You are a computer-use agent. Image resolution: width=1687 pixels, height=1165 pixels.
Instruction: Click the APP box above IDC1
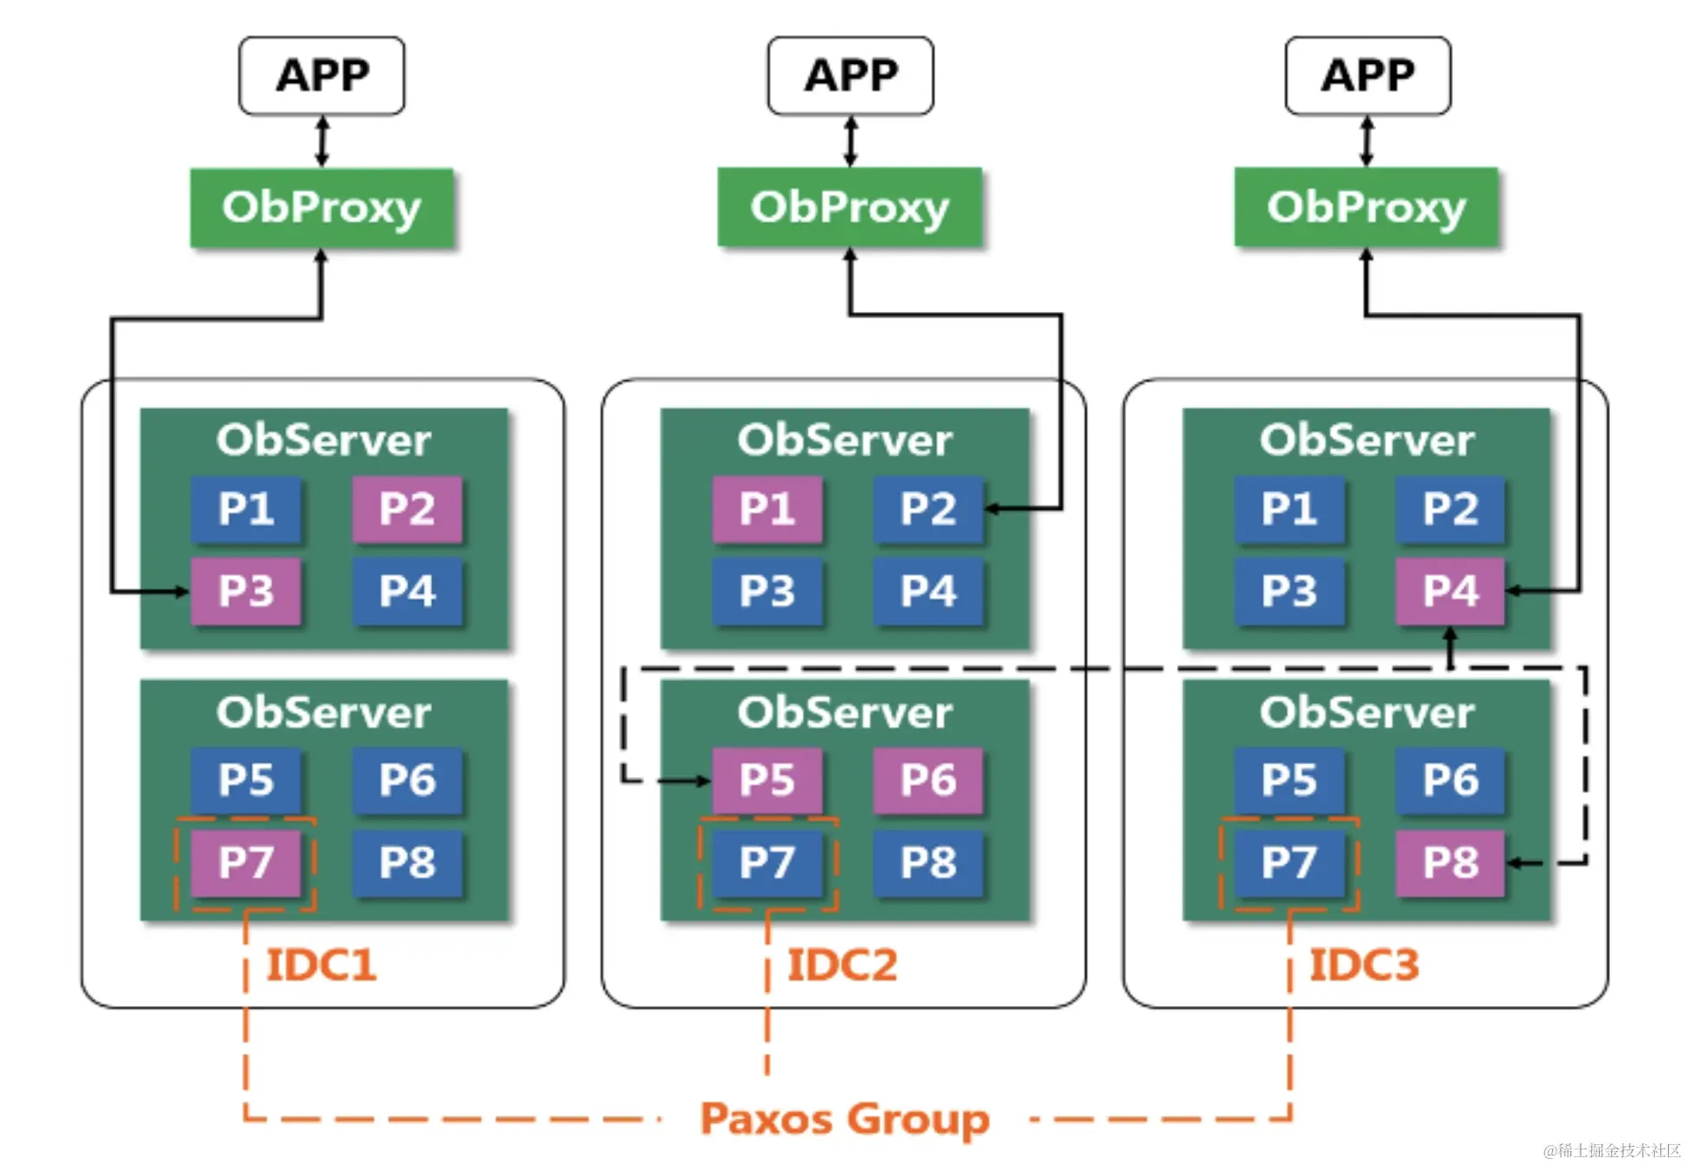tap(321, 75)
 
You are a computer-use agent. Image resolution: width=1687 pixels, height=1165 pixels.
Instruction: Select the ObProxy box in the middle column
tap(850, 207)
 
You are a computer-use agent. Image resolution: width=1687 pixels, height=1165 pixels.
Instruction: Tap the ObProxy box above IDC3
tap(1366, 207)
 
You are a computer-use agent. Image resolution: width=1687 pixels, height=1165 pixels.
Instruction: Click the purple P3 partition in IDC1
tap(245, 591)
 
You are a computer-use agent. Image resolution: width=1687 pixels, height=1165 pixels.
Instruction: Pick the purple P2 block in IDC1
tap(407, 509)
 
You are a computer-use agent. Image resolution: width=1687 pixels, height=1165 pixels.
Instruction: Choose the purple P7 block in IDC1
tap(245, 863)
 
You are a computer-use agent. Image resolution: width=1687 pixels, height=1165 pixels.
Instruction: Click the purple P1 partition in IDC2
tap(767, 509)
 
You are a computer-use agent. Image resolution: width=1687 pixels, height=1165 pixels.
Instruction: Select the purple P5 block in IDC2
tap(767, 780)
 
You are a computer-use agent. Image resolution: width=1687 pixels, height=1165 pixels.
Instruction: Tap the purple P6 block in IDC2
tap(928, 780)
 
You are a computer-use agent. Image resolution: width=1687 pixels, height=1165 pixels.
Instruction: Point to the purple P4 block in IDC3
tap(1450, 591)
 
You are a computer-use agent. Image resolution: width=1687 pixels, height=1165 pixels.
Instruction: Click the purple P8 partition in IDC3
tap(1450, 863)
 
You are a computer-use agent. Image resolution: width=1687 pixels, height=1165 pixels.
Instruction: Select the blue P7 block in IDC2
tap(767, 863)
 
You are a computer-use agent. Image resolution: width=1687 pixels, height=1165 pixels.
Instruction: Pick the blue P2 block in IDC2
tap(928, 509)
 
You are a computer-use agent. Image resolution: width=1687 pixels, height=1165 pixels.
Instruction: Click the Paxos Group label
tap(844, 1119)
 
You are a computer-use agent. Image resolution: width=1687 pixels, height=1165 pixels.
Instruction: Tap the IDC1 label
tap(321, 964)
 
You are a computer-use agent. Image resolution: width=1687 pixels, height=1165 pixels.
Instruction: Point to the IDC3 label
tap(1364, 964)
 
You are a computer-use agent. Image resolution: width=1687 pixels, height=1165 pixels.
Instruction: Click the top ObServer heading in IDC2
tap(844, 440)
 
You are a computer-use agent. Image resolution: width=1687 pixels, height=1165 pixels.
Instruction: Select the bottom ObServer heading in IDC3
tap(1366, 712)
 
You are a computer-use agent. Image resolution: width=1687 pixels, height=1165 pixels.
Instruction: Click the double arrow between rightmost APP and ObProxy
tap(1366, 141)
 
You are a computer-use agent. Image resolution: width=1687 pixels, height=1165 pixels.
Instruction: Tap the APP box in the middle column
tap(850, 75)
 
